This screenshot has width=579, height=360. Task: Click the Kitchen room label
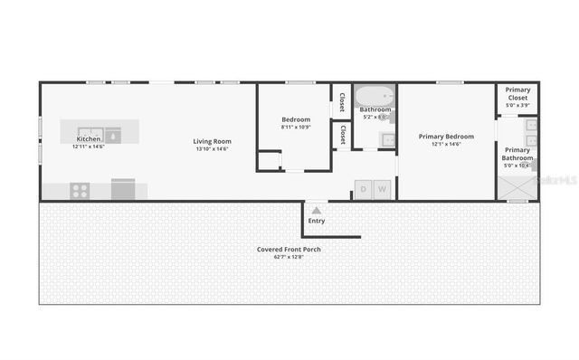89,138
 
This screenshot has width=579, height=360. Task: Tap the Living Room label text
213,141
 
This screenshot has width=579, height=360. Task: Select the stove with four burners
81,190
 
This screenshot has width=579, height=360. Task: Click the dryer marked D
364,189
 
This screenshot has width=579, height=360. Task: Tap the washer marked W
382,189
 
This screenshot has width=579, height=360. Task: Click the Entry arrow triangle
316,210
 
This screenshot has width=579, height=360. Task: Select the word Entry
317,221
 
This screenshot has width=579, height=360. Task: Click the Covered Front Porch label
288,249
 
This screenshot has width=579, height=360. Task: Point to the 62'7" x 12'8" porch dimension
288,257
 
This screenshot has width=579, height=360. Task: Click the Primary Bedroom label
446,137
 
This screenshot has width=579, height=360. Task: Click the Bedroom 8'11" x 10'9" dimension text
295,127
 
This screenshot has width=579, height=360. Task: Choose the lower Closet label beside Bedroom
343,135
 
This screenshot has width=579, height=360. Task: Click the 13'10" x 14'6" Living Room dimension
213,148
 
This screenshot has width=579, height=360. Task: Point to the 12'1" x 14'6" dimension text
446,145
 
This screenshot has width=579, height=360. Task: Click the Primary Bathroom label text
518,154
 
